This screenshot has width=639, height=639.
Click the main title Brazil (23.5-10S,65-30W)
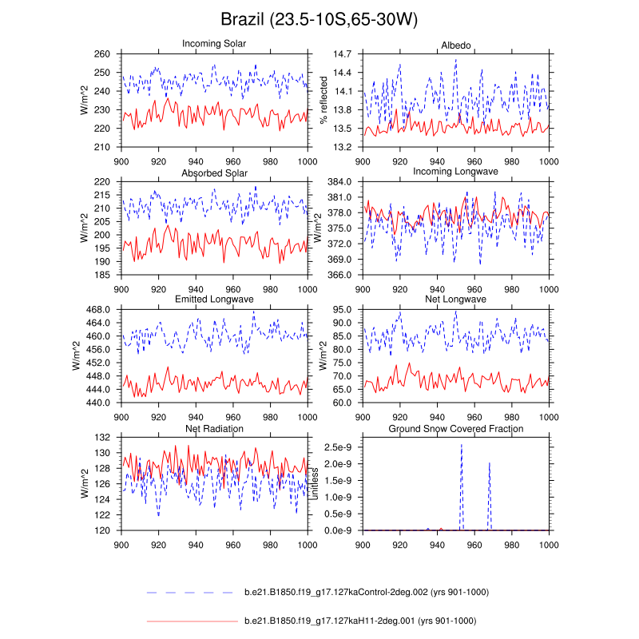[x=319, y=18]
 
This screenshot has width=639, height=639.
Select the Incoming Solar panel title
[x=214, y=43]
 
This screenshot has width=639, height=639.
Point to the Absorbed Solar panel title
[x=214, y=173]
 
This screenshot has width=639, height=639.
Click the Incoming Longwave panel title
[x=456, y=172]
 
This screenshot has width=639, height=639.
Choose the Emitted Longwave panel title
[x=214, y=300]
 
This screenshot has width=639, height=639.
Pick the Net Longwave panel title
[x=456, y=300]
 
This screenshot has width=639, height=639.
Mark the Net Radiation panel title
[x=214, y=429]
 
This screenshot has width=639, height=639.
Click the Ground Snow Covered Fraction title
[x=456, y=429]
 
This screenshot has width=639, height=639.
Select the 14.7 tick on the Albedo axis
[x=343, y=54]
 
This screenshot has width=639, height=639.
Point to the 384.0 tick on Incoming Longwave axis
[x=343, y=182]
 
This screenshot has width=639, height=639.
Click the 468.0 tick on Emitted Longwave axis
[x=102, y=310]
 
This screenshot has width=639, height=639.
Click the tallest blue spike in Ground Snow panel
[x=462, y=446]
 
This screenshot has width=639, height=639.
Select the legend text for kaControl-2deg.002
[x=366, y=592]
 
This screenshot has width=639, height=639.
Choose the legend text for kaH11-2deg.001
[x=359, y=621]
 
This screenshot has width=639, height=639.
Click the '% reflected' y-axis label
[x=324, y=100]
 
